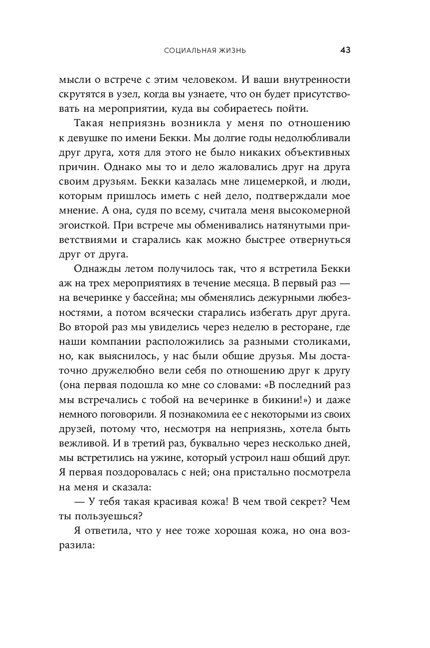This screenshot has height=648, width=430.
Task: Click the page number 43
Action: (345, 50)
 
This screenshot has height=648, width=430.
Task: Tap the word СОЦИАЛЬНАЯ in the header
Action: (188, 50)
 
